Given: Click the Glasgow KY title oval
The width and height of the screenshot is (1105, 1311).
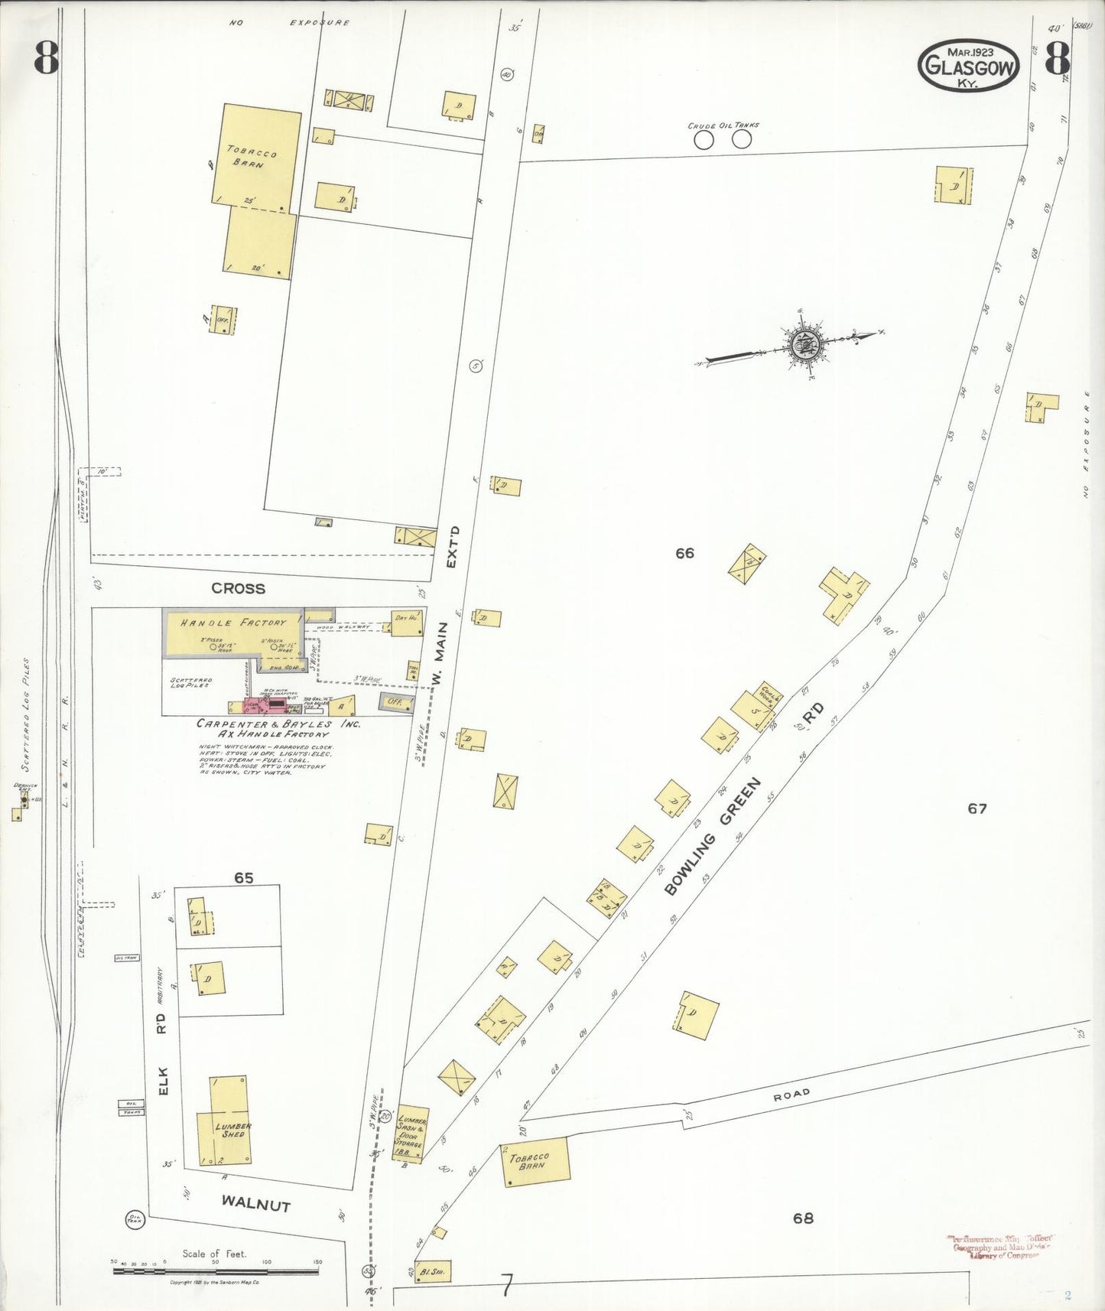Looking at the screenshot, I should (x=969, y=67).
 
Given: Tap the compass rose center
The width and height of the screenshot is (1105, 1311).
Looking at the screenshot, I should (x=804, y=346).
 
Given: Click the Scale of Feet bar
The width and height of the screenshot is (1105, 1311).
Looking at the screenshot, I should (x=216, y=1270).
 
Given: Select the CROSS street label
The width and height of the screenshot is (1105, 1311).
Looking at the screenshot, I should (x=239, y=588).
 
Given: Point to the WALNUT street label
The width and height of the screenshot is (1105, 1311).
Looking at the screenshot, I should (x=256, y=1204).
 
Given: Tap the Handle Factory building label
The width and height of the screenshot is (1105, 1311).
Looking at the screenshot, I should (x=232, y=623).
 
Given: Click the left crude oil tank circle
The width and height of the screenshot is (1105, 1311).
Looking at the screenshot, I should (x=704, y=140).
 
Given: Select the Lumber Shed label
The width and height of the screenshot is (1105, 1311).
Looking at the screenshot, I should (x=232, y=1130).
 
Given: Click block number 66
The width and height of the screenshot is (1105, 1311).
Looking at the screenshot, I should (x=684, y=553).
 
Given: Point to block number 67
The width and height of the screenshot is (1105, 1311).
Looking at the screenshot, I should (x=977, y=808).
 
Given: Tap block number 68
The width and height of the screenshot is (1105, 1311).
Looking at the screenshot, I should (x=803, y=1218).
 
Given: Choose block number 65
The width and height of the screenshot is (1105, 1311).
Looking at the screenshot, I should (x=243, y=878).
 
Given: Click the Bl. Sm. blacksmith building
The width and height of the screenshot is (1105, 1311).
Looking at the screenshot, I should (x=433, y=1271).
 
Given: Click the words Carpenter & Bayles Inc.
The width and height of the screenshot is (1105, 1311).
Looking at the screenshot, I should (x=275, y=724).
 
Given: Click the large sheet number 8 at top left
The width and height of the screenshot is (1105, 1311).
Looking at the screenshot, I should (x=46, y=57).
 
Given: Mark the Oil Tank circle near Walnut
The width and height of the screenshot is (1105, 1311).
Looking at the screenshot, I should (x=135, y=1220).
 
